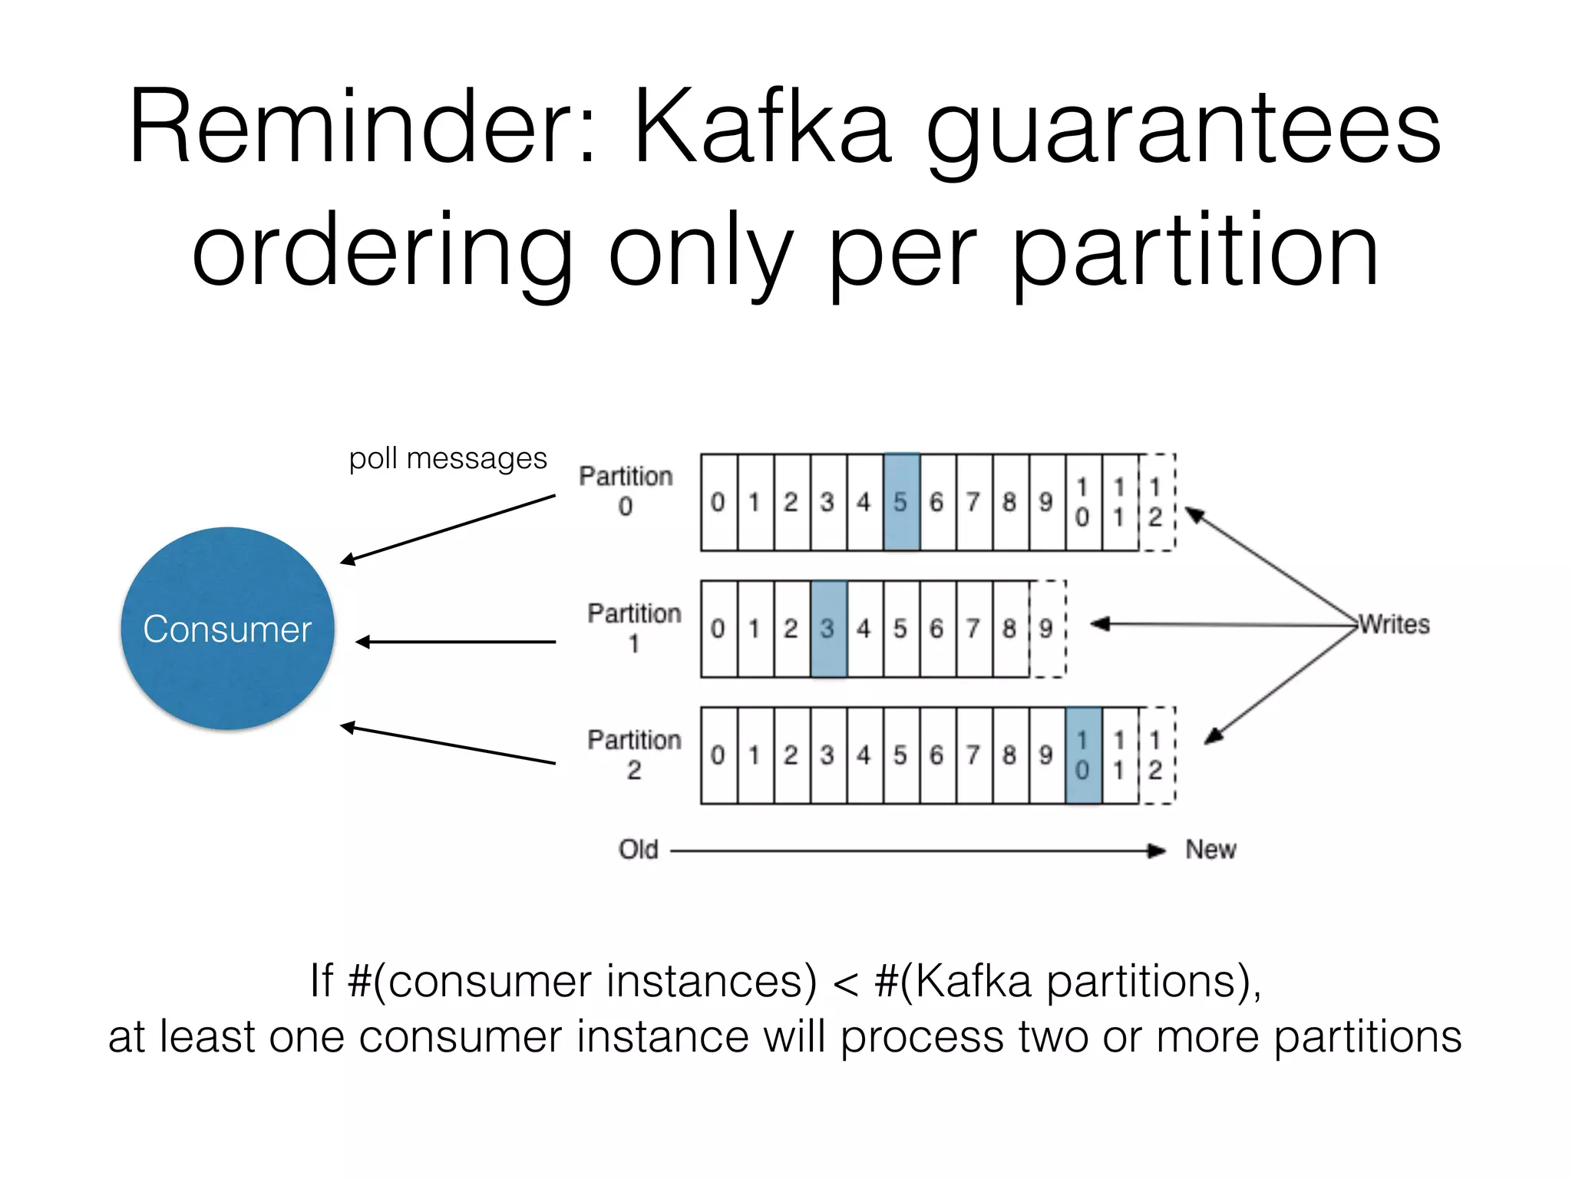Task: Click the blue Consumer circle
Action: point(227,629)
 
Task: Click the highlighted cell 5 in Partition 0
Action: point(901,502)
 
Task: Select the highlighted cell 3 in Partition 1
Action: point(828,629)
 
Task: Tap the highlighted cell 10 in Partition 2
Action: point(1083,755)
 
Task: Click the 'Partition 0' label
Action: point(626,490)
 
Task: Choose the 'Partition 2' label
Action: point(634,755)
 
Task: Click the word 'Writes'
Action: point(1395,624)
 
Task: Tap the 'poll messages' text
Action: point(447,458)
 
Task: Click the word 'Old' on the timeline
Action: point(639,849)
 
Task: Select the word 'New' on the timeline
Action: point(1210,849)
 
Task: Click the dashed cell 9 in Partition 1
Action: point(1047,629)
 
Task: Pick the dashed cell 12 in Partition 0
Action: point(1156,502)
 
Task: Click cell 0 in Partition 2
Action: point(718,755)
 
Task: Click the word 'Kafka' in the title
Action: point(762,127)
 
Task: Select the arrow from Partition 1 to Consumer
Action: point(456,642)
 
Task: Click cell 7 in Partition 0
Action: point(974,502)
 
